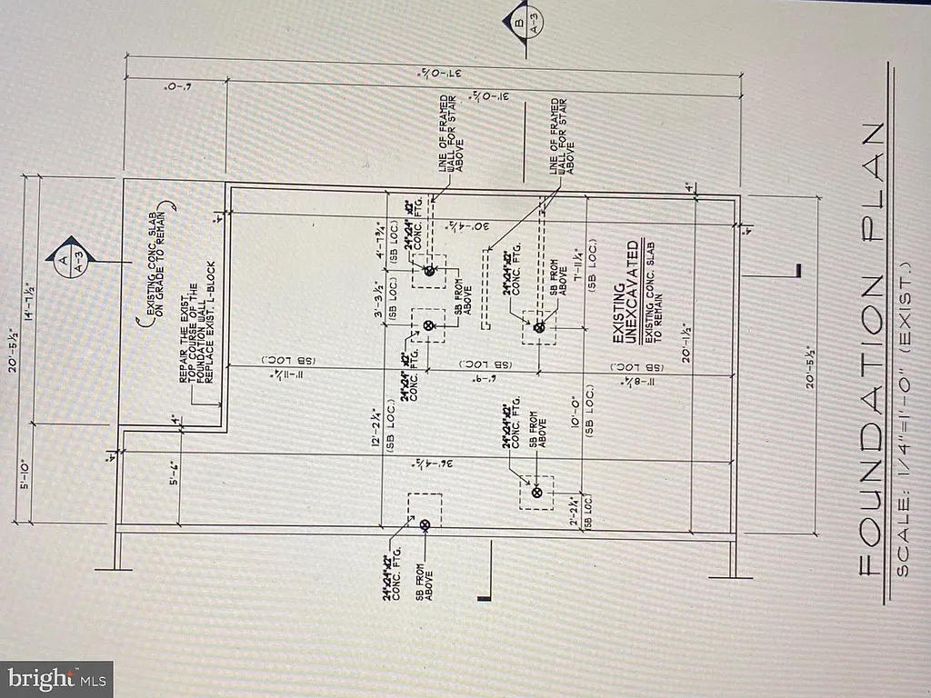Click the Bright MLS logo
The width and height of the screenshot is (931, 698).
click(x=56, y=678)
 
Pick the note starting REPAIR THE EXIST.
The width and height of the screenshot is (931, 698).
click(x=195, y=340)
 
